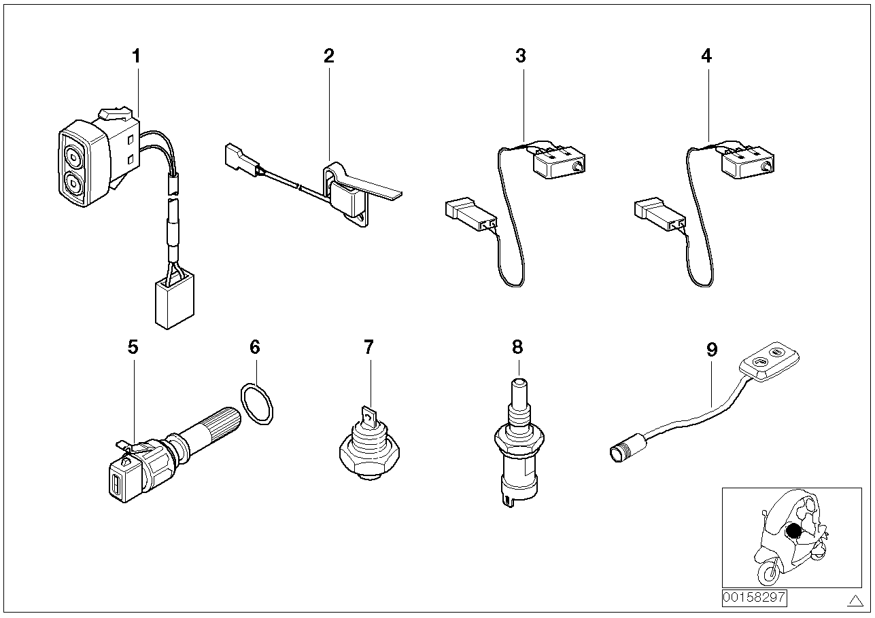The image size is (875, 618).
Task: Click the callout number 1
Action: point(136,56)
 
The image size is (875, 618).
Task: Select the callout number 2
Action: point(329,56)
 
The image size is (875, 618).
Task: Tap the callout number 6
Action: point(255,348)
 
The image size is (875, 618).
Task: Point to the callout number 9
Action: point(712,350)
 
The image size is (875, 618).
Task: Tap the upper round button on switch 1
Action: point(71,159)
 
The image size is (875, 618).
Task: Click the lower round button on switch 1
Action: point(71,183)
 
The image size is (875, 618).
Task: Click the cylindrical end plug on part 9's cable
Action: point(620,454)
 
